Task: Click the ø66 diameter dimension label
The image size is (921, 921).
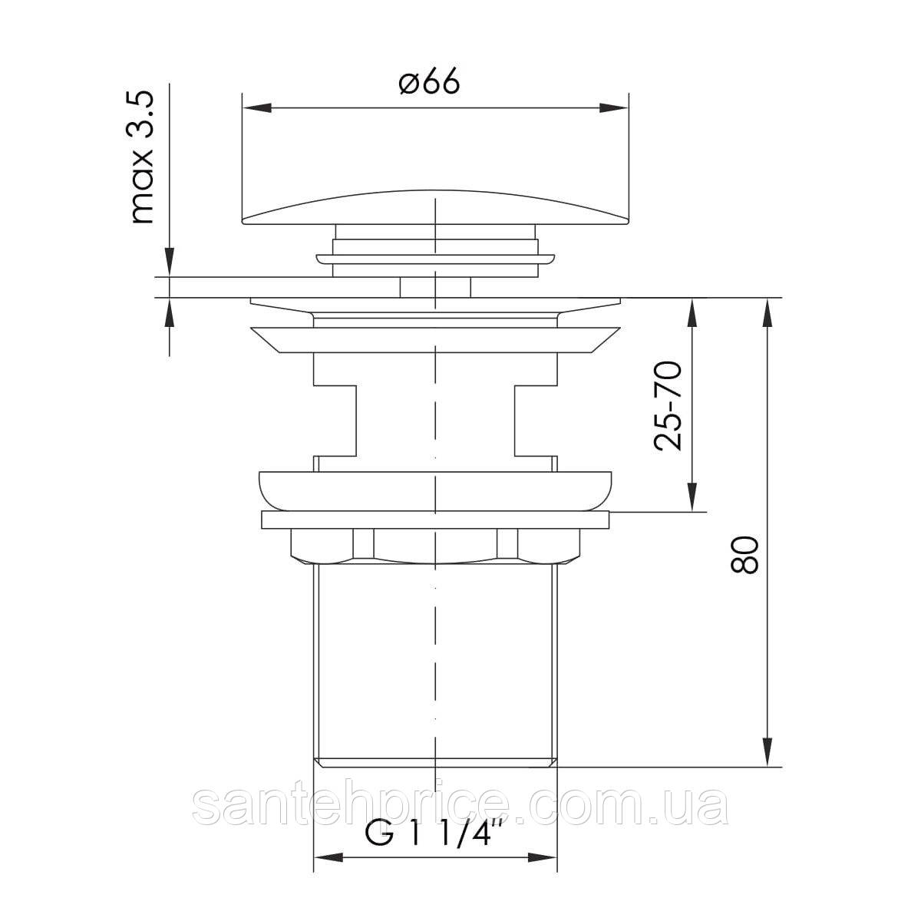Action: tap(429, 82)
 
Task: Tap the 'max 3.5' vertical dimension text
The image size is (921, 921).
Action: tap(143, 157)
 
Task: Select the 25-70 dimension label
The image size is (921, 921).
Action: tap(667, 406)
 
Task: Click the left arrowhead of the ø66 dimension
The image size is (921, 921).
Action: tap(258, 108)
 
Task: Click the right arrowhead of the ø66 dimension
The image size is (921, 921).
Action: tap(614, 108)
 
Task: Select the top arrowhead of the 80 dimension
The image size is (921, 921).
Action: tap(768, 312)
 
